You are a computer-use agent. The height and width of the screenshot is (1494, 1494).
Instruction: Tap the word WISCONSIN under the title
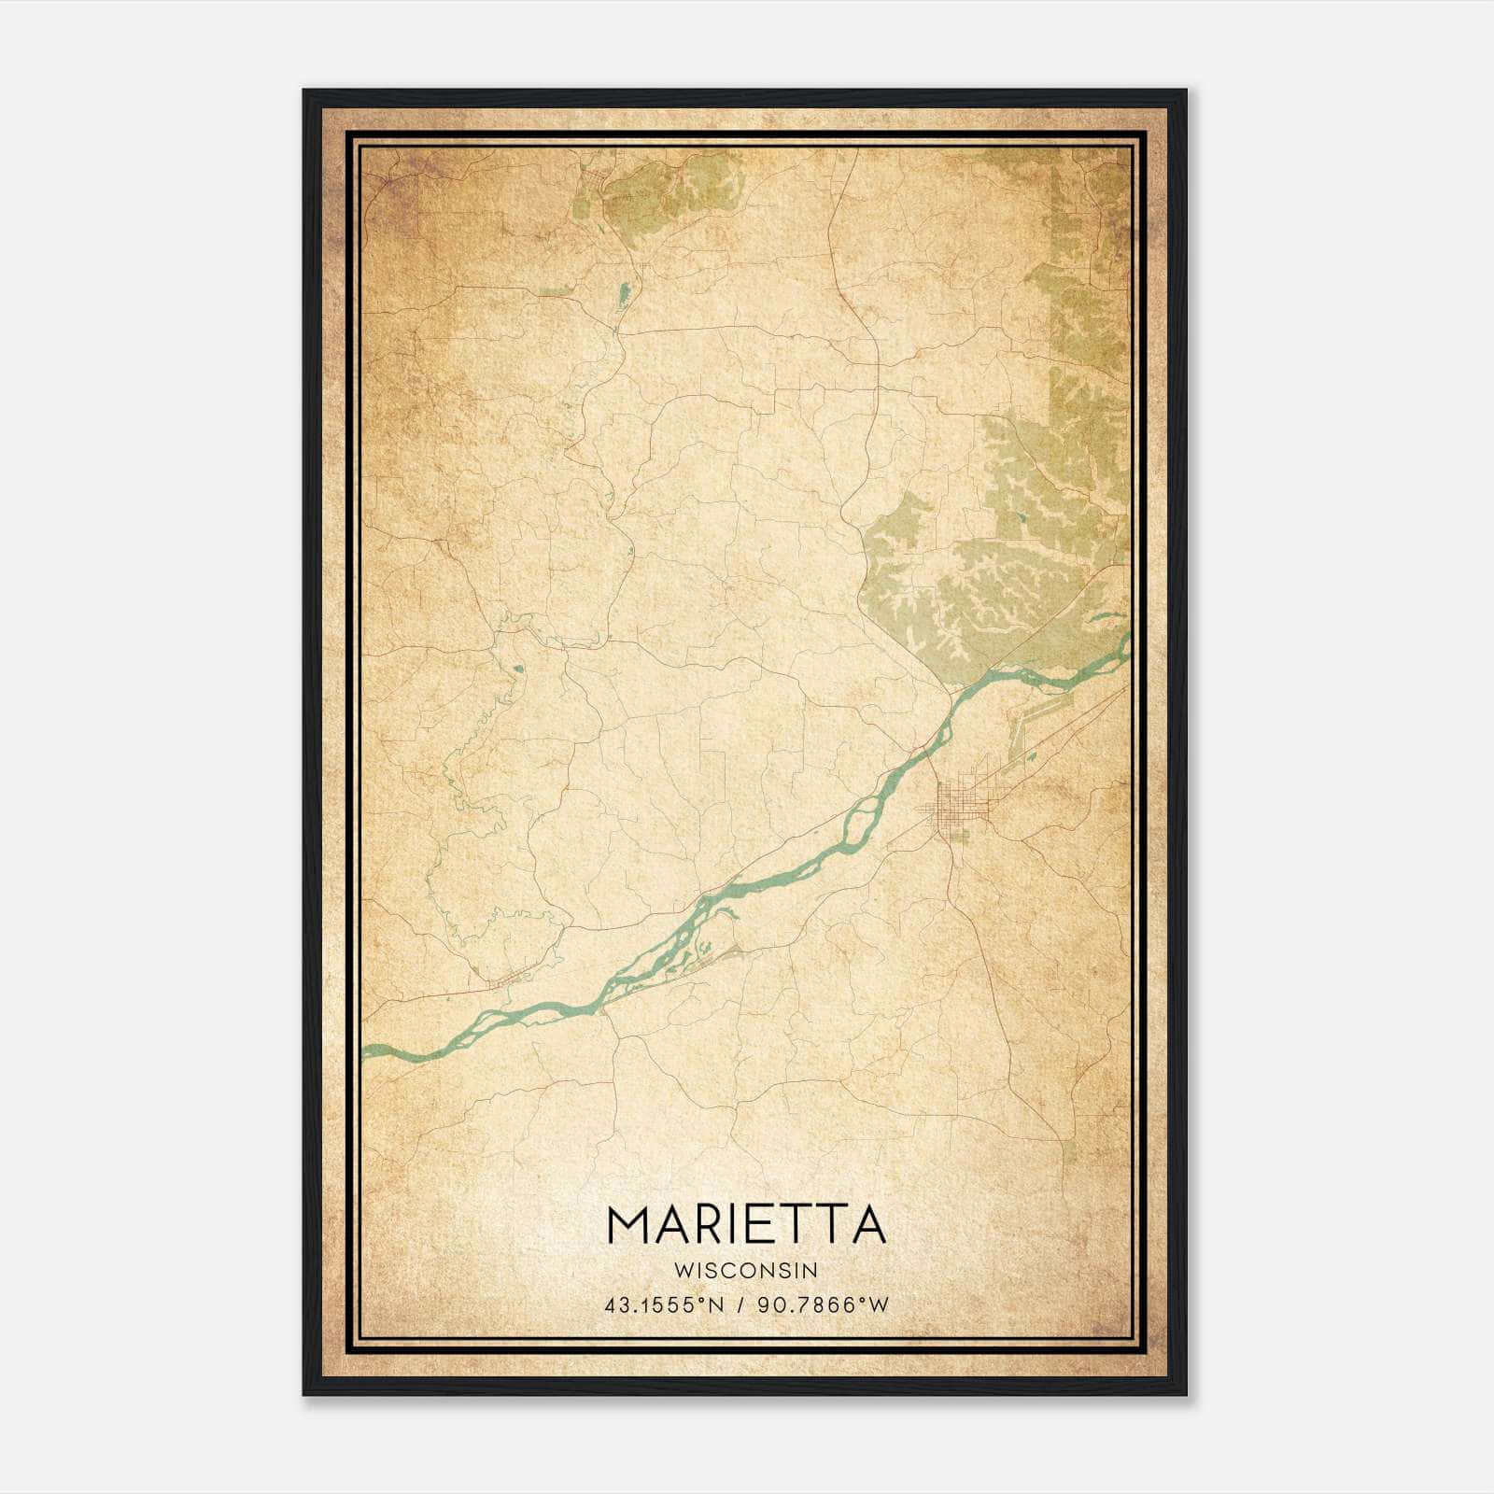point(746,1270)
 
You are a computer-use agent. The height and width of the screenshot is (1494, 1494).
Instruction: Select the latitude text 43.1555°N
point(664,1305)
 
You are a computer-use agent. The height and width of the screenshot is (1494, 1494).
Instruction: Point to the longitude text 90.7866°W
point(825,1305)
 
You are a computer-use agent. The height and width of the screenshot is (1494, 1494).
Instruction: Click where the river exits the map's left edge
point(367,1050)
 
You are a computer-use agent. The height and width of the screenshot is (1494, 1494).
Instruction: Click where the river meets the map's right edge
point(1128,642)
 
